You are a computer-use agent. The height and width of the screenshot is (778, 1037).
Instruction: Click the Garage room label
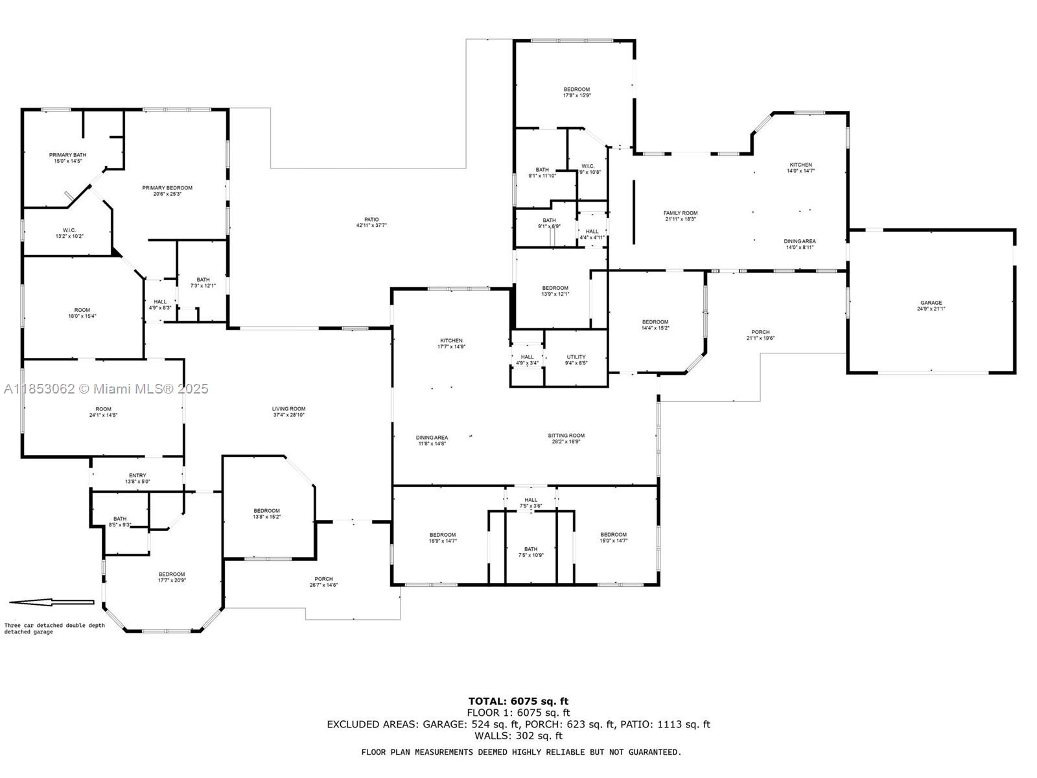[931, 305]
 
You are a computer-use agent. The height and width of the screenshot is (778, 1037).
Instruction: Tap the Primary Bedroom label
[167, 191]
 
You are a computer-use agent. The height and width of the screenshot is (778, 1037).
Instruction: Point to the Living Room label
[288, 412]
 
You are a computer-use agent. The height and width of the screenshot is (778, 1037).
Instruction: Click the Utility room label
[576, 360]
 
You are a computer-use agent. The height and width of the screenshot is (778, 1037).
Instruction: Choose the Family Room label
[681, 216]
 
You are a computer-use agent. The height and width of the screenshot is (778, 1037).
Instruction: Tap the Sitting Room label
[566, 438]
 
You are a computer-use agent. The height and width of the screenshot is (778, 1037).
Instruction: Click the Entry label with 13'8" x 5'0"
[137, 478]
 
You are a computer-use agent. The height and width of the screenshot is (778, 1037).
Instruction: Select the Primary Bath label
[67, 158]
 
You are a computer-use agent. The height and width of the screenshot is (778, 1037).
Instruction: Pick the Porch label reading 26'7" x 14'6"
[323, 582]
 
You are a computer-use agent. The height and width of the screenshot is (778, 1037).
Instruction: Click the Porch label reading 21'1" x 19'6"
[760, 335]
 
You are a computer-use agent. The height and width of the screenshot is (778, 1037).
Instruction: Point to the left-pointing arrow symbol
[52, 602]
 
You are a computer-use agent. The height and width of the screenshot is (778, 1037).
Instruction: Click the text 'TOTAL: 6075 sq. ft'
[518, 701]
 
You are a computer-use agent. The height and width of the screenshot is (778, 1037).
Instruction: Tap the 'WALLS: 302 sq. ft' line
[518, 736]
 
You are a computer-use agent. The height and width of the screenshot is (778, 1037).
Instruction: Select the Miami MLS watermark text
[106, 389]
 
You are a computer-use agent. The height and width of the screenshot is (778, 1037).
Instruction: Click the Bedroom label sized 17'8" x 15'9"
[576, 92]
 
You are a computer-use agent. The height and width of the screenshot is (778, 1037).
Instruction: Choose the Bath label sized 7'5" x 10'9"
[531, 552]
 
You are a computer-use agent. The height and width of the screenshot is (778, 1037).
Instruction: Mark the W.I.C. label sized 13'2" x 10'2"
[69, 233]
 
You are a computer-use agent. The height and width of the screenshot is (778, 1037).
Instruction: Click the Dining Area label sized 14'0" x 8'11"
[800, 244]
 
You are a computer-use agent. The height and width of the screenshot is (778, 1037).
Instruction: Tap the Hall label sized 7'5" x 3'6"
[531, 502]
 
